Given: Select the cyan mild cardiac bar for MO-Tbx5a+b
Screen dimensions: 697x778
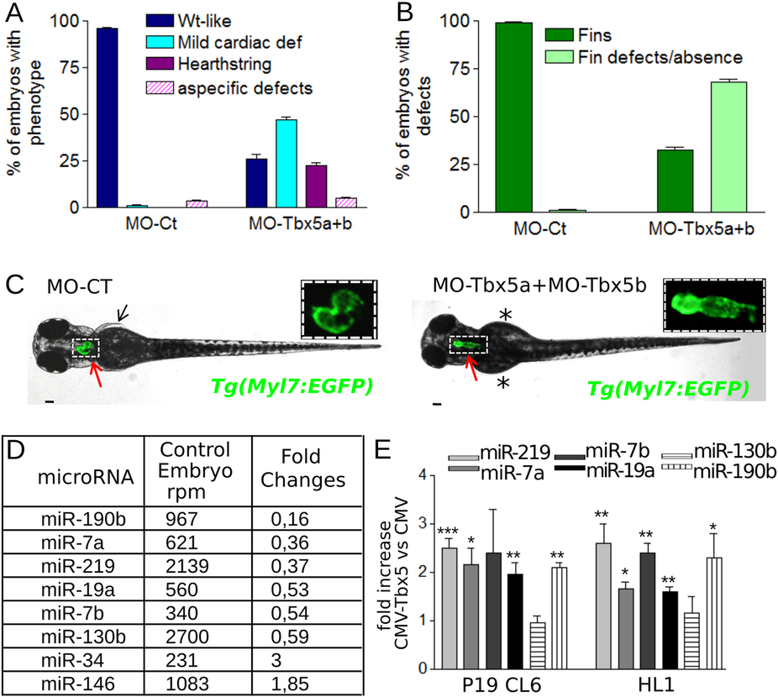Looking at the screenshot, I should coord(286,164).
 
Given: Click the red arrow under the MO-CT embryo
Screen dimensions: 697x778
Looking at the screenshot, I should coord(97,369).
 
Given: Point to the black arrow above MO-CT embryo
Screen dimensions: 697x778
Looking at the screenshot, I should coord(124,312).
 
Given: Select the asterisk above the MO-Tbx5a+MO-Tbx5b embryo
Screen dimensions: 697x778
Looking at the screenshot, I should coord(506,316).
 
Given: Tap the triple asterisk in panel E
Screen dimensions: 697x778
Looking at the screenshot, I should coord(449,531).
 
